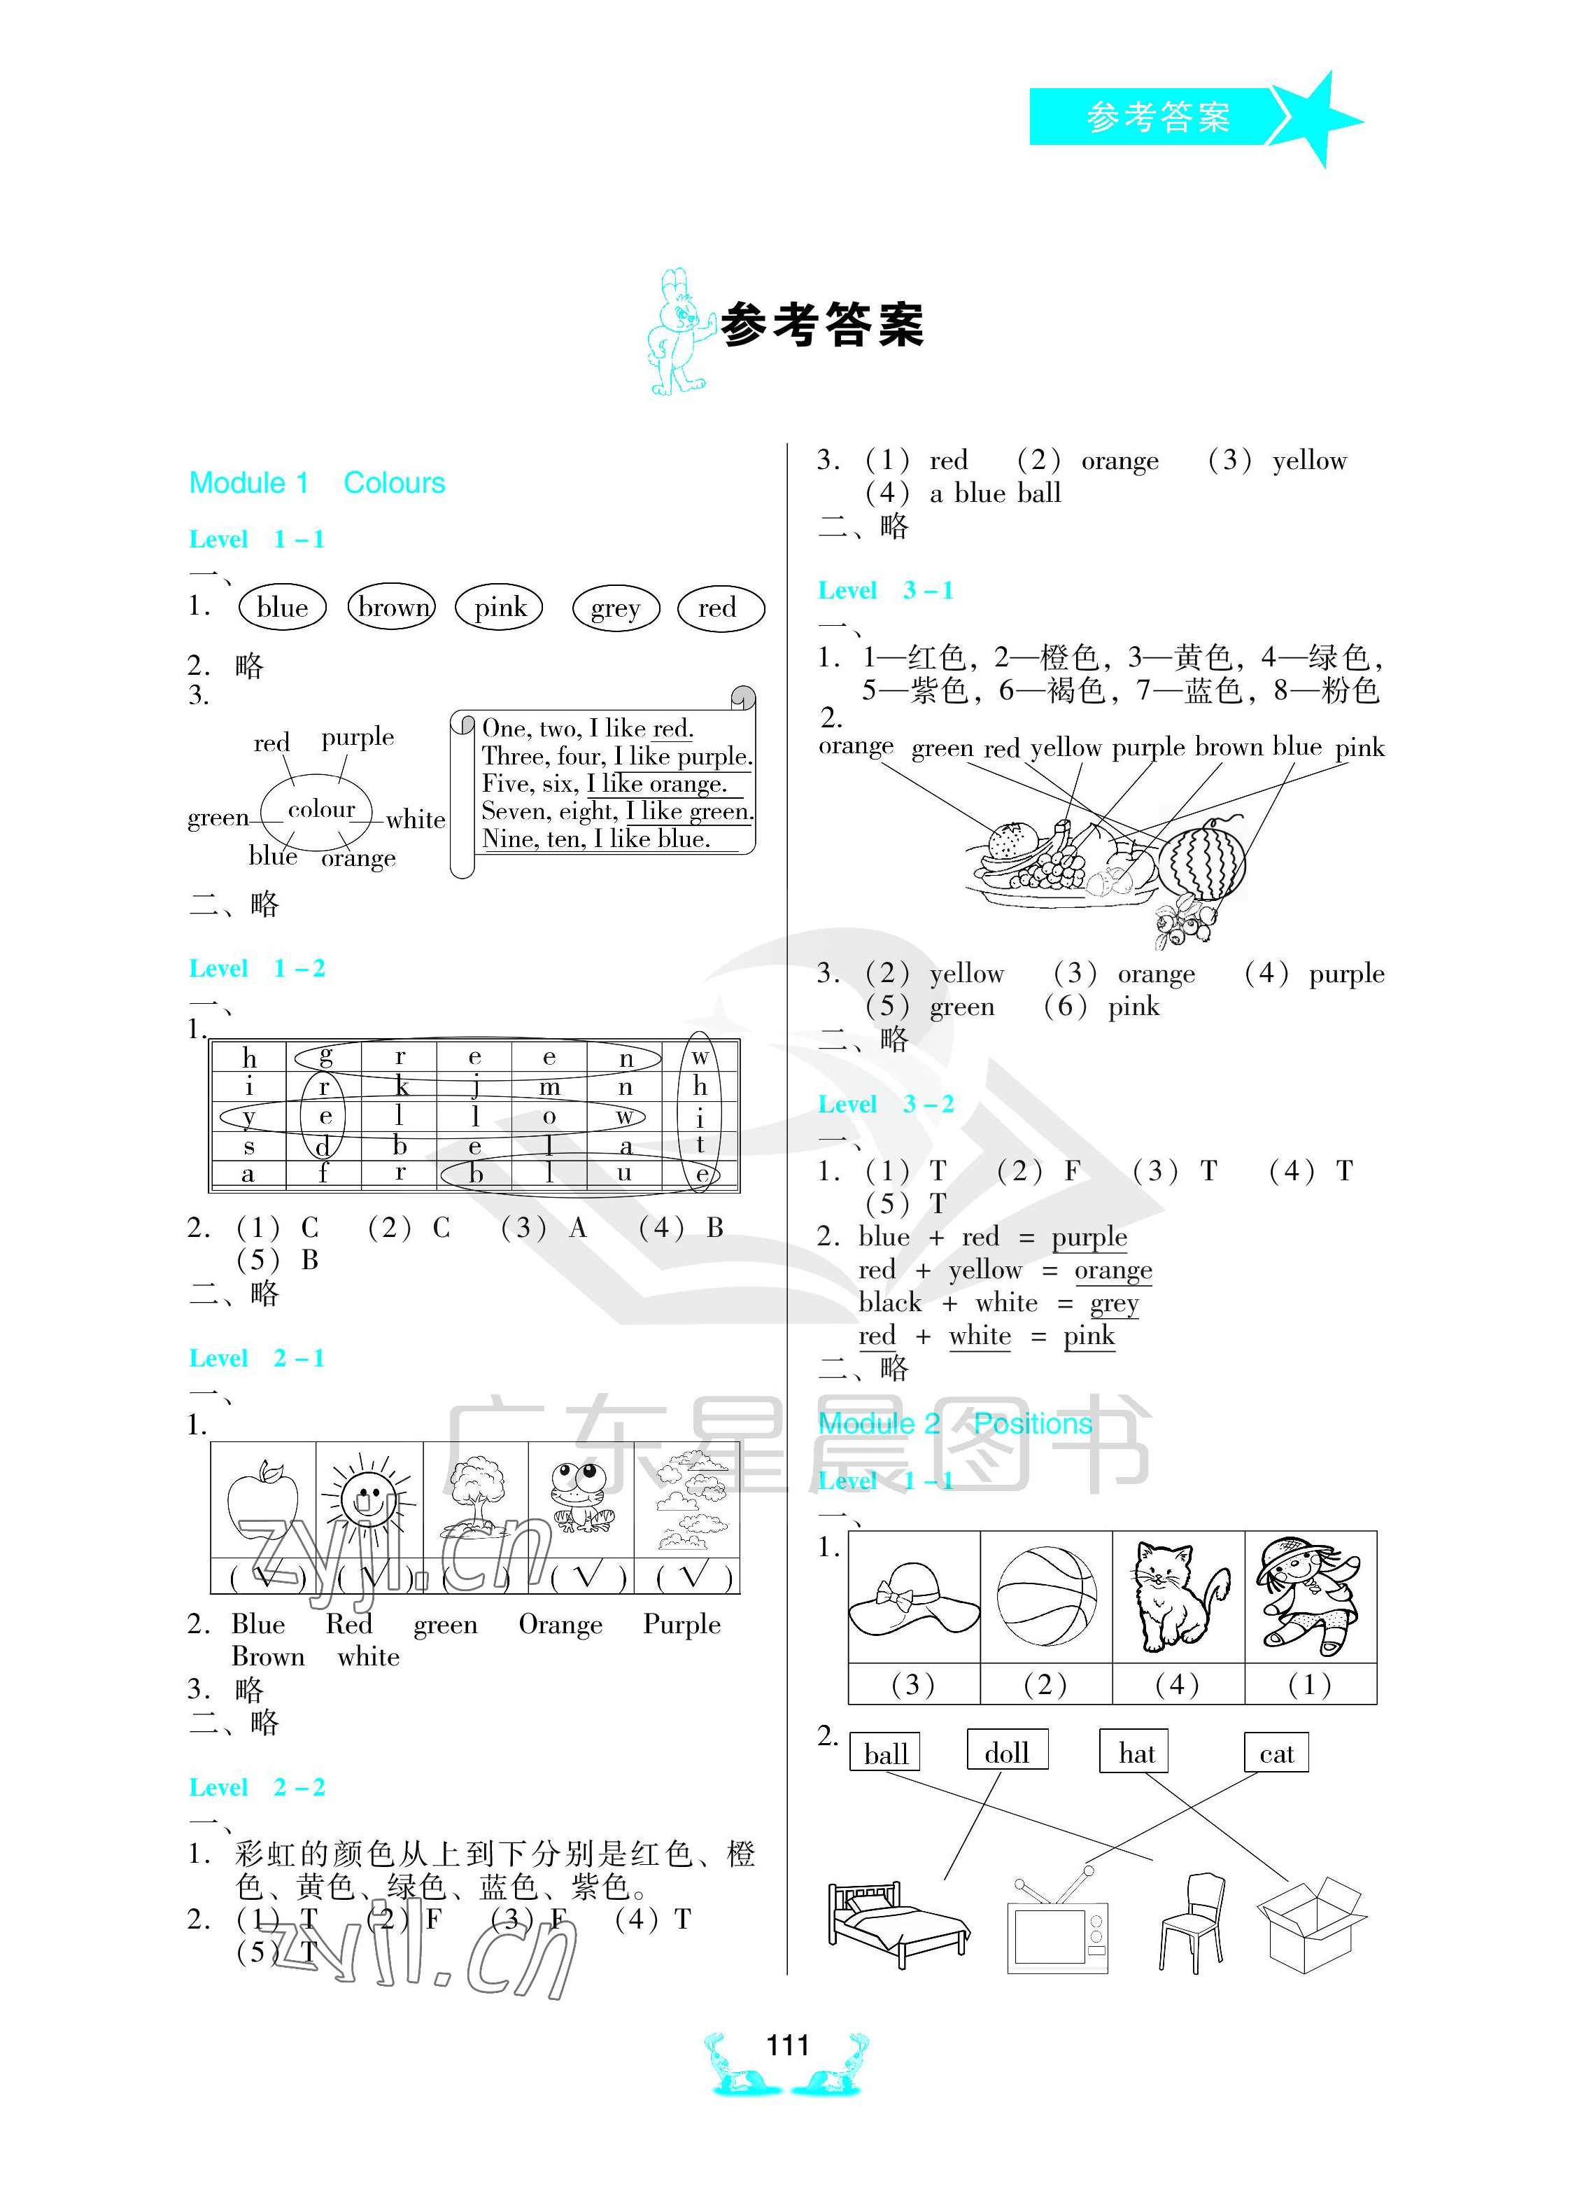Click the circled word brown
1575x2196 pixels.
pyautogui.click(x=392, y=608)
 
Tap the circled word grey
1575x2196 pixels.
pyautogui.click(x=616, y=609)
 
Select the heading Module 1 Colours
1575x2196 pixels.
pyautogui.click(x=316, y=483)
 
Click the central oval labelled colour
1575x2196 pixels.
pyautogui.click(x=320, y=809)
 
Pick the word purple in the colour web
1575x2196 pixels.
pyautogui.click(x=358, y=738)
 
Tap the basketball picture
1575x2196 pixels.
pyautogui.click(x=1047, y=1595)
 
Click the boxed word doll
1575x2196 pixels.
pyautogui.click(x=1007, y=1753)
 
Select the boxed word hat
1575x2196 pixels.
pyautogui.click(x=1136, y=1753)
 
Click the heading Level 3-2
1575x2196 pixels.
pyautogui.click(x=886, y=1104)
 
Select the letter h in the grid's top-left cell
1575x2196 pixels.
pyautogui.click(x=249, y=1057)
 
